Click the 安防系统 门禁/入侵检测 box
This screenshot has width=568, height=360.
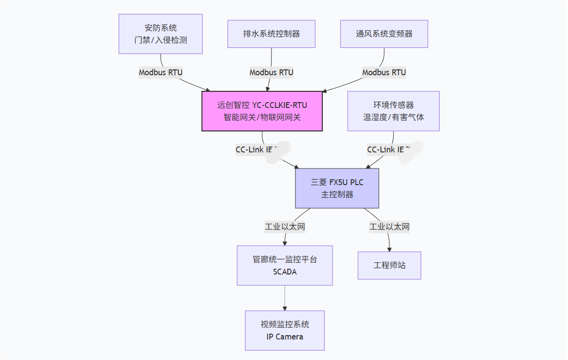tap(160, 34)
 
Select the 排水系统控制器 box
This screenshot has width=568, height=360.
tap(271, 34)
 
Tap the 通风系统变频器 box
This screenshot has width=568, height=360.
tap(384, 34)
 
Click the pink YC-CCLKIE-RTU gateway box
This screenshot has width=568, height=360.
tap(262, 111)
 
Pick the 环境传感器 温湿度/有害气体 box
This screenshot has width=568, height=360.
tap(393, 111)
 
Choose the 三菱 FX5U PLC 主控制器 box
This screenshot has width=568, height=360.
tap(337, 188)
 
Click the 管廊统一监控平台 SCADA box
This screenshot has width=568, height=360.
tap(285, 265)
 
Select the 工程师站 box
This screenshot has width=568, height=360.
tap(389, 265)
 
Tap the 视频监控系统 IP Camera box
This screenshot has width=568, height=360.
tap(285, 330)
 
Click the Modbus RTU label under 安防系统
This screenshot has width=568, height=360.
tap(161, 72)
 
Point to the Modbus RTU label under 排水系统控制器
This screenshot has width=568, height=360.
tap(271, 72)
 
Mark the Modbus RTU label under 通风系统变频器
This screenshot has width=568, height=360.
tap(384, 72)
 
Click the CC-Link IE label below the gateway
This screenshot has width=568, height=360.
tap(255, 149)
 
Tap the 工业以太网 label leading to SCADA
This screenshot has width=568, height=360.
tap(285, 227)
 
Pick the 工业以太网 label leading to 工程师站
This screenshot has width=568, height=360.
tap(389, 227)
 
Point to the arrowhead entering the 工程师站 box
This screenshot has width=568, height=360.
tap(390, 249)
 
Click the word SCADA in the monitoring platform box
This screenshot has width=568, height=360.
tap(285, 272)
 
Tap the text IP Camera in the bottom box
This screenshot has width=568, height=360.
tap(285, 337)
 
